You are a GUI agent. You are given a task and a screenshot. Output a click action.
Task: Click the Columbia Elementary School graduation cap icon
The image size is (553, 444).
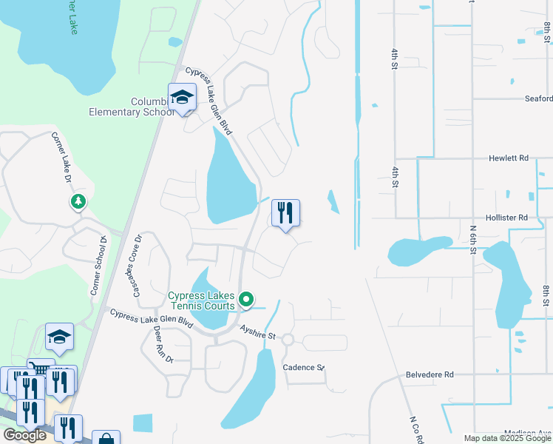[x=182, y=97]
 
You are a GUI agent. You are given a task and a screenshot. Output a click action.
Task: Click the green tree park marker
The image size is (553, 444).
[x=78, y=201]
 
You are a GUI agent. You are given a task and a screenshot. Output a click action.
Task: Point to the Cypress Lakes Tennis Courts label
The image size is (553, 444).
[x=202, y=300]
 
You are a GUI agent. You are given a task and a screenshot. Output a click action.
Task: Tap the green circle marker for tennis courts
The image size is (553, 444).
[x=246, y=300]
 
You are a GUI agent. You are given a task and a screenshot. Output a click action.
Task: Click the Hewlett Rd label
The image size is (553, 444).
[x=508, y=158]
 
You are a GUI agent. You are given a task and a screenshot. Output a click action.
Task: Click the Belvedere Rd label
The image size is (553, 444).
[x=430, y=375]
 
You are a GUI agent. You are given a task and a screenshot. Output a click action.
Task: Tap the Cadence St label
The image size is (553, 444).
[x=304, y=368]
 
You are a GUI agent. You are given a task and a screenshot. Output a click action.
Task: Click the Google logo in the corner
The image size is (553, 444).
[x=24, y=435]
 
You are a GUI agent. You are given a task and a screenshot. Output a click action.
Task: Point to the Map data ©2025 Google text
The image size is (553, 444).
[x=507, y=438]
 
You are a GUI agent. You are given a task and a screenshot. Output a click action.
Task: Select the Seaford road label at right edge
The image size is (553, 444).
[x=537, y=98]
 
